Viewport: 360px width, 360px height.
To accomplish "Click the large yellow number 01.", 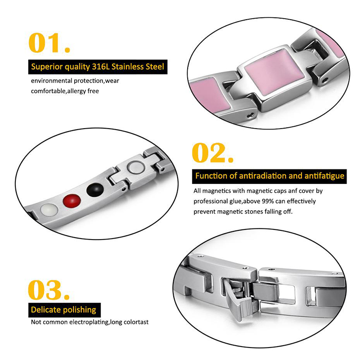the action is coord(49,43).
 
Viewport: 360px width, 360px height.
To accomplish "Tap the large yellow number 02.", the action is coord(212,153).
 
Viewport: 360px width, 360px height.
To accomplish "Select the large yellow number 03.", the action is coord(48,290).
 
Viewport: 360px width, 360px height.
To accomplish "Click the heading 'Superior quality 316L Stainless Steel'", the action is coord(97,67).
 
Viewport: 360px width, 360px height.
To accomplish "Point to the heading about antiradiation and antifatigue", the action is coord(270,176).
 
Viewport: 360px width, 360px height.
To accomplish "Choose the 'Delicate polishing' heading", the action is coord(63,310).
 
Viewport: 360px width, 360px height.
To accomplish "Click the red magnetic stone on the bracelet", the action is coord(72,201).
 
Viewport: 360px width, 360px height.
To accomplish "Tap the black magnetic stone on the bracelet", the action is coord(95,190).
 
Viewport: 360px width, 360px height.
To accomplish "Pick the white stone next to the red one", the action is coord(49,210).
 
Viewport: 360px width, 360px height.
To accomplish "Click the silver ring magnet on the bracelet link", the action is coord(136,168).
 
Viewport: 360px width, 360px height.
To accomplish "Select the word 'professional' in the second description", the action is coord(211,201).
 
